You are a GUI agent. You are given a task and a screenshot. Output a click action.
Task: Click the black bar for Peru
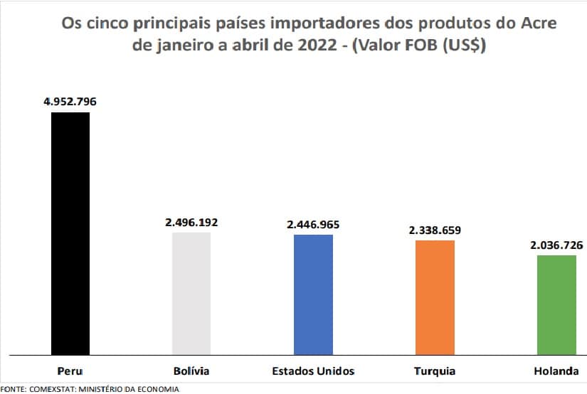pyautogui.click(x=70, y=233)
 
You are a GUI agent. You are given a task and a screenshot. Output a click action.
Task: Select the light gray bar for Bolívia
pyautogui.click(x=191, y=293)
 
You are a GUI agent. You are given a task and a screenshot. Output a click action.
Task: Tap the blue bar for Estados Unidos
pyautogui.click(x=313, y=294)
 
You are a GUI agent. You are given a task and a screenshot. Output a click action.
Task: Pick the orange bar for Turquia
pyautogui.click(x=435, y=297)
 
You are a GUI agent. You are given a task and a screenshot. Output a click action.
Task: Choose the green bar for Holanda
pyautogui.click(x=556, y=304)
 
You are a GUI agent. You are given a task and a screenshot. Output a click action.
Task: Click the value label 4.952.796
pyautogui.click(x=70, y=101)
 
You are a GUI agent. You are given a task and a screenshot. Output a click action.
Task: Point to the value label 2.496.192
pyautogui.click(x=191, y=222)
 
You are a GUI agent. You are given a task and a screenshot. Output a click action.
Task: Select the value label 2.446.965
pyautogui.click(x=313, y=224)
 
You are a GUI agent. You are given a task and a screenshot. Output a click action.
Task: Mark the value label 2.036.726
pyautogui.click(x=556, y=245)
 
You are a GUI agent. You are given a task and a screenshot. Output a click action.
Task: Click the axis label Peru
pyautogui.click(x=70, y=371)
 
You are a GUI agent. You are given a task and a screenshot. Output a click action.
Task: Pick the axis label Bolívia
pyautogui.click(x=191, y=371)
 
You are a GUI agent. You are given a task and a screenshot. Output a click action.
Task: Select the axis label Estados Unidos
pyautogui.click(x=313, y=371)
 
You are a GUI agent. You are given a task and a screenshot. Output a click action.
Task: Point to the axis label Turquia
pyautogui.click(x=435, y=371)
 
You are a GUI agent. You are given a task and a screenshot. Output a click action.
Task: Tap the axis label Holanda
pyautogui.click(x=556, y=371)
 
